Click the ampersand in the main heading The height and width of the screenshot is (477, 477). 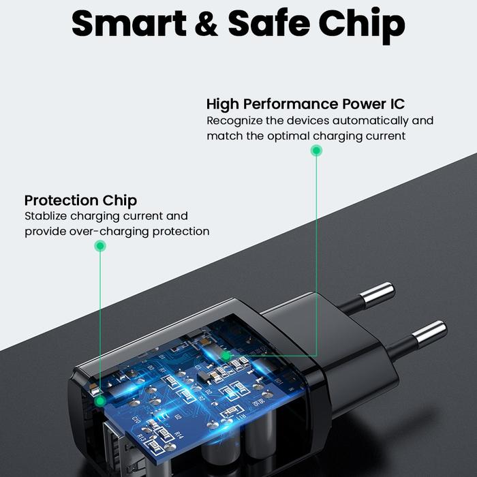pyautogui.click(x=206, y=23)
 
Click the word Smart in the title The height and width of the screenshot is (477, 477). pyautogui.click(x=129, y=23)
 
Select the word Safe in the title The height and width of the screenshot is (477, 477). pyautogui.click(x=269, y=22)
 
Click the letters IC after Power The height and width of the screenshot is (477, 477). pyautogui.click(x=397, y=104)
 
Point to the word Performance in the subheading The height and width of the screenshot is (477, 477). pyautogui.click(x=290, y=104)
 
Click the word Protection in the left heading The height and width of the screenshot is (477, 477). pyautogui.click(x=61, y=200)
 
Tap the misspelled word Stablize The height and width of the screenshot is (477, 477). pyautogui.click(x=46, y=216)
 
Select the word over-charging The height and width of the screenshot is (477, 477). pyautogui.click(x=109, y=232)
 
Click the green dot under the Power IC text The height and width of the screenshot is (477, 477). pyautogui.click(x=316, y=151)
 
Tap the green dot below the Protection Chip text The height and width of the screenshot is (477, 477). pyautogui.click(x=100, y=246)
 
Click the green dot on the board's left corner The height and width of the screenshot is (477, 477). pyautogui.click(x=99, y=401)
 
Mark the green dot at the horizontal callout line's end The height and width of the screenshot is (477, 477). pyautogui.click(x=226, y=356)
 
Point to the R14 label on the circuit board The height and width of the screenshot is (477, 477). pyautogui.click(x=179, y=435)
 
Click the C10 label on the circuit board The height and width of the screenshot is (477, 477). pyautogui.click(x=136, y=420)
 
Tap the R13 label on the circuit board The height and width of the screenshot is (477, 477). pyautogui.click(x=141, y=437)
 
